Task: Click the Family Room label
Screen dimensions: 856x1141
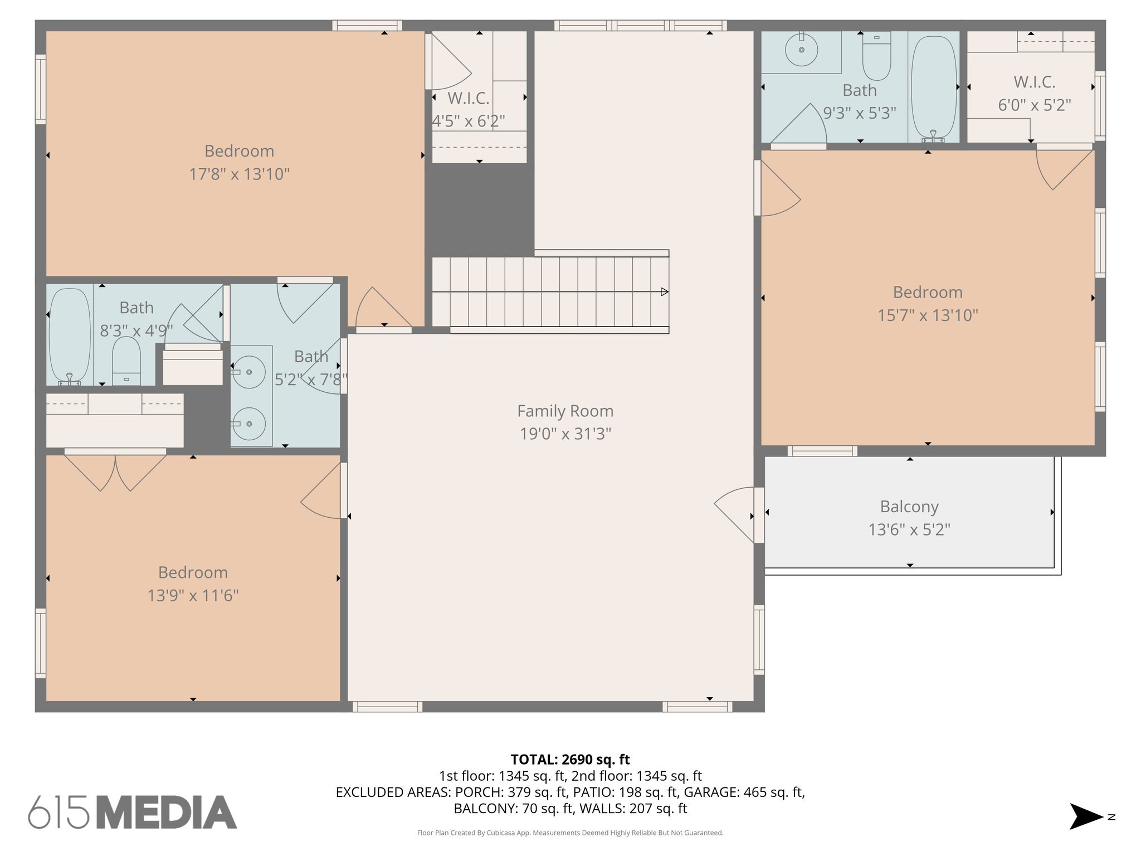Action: [565, 411]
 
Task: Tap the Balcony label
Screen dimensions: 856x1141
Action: [909, 507]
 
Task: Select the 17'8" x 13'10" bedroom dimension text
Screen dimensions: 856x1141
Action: [240, 174]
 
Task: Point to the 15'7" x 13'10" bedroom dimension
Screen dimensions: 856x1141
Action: [928, 315]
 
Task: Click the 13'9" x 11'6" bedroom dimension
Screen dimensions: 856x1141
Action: [193, 596]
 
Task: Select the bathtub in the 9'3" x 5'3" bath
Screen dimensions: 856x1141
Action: [934, 86]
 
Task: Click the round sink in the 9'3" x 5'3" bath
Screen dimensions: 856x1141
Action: [801, 50]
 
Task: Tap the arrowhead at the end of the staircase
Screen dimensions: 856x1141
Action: [664, 291]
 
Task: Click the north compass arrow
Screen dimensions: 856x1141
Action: [1085, 816]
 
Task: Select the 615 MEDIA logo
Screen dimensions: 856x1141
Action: [133, 812]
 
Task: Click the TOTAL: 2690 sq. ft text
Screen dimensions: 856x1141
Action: [570, 760]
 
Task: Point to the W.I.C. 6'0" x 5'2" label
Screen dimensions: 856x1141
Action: [1034, 94]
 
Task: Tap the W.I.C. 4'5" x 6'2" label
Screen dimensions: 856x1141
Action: [469, 110]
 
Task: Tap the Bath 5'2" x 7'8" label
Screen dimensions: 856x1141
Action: [311, 368]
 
